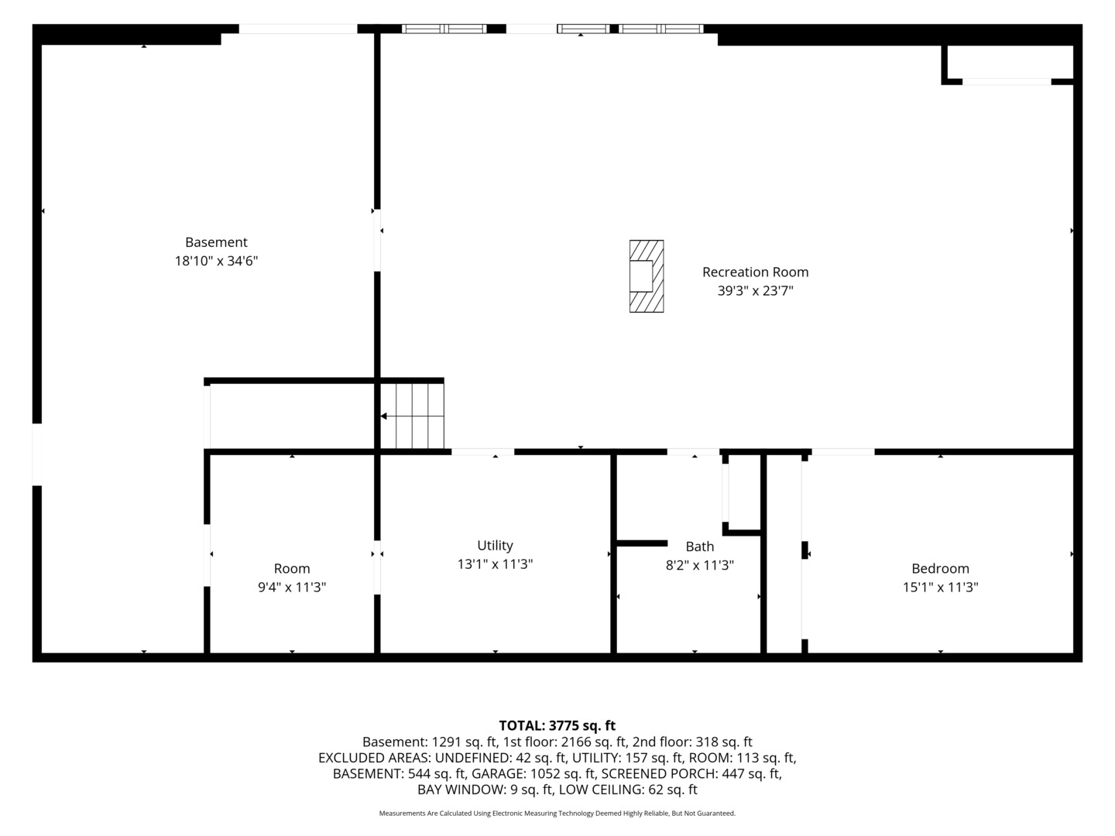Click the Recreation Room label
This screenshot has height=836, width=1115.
pos(756,272)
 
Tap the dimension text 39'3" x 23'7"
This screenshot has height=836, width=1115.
pos(756,291)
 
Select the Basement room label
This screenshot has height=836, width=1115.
pos(216,242)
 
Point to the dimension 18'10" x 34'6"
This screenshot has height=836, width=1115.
pos(216,261)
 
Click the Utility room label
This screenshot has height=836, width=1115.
pos(495,546)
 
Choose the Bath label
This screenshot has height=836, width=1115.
pos(699,546)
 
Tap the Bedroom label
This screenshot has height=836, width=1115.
pos(940,568)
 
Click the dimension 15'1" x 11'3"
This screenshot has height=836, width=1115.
pos(940,588)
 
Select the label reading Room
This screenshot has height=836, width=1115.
pos(292,568)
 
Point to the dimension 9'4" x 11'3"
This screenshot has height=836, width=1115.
pos(292,588)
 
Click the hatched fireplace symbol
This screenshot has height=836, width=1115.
pos(646,276)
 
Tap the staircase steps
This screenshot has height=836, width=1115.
pos(412,416)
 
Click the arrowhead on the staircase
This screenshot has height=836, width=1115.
pos(384,416)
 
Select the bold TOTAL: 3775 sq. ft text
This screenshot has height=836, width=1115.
pos(557,725)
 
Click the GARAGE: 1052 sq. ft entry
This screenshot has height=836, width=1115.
pos(533,773)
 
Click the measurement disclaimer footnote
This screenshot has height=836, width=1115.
pos(557,814)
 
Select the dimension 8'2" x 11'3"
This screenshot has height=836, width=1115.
pos(699,565)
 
